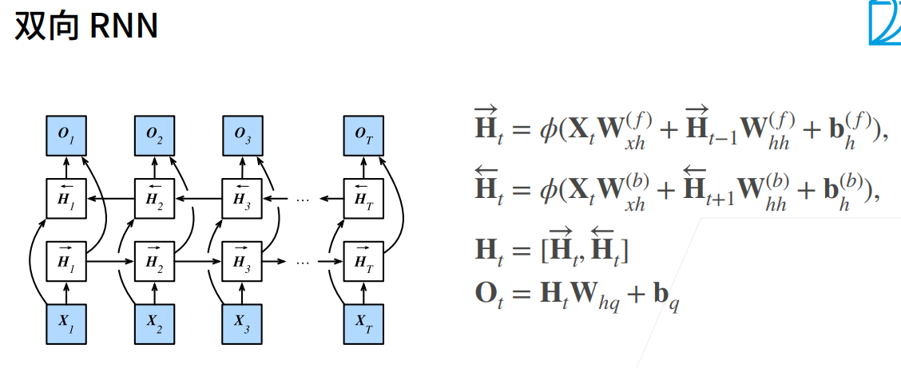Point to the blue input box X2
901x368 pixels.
click(155, 322)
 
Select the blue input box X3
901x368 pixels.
click(243, 322)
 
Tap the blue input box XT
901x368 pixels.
click(363, 322)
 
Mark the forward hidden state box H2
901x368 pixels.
click(155, 259)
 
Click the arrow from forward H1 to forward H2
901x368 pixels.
click(110, 260)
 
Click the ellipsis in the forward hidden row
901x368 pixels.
click(303, 260)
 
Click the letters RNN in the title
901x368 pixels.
click(124, 26)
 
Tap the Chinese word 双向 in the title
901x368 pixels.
click(46, 26)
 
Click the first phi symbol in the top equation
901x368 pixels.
click(549, 129)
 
